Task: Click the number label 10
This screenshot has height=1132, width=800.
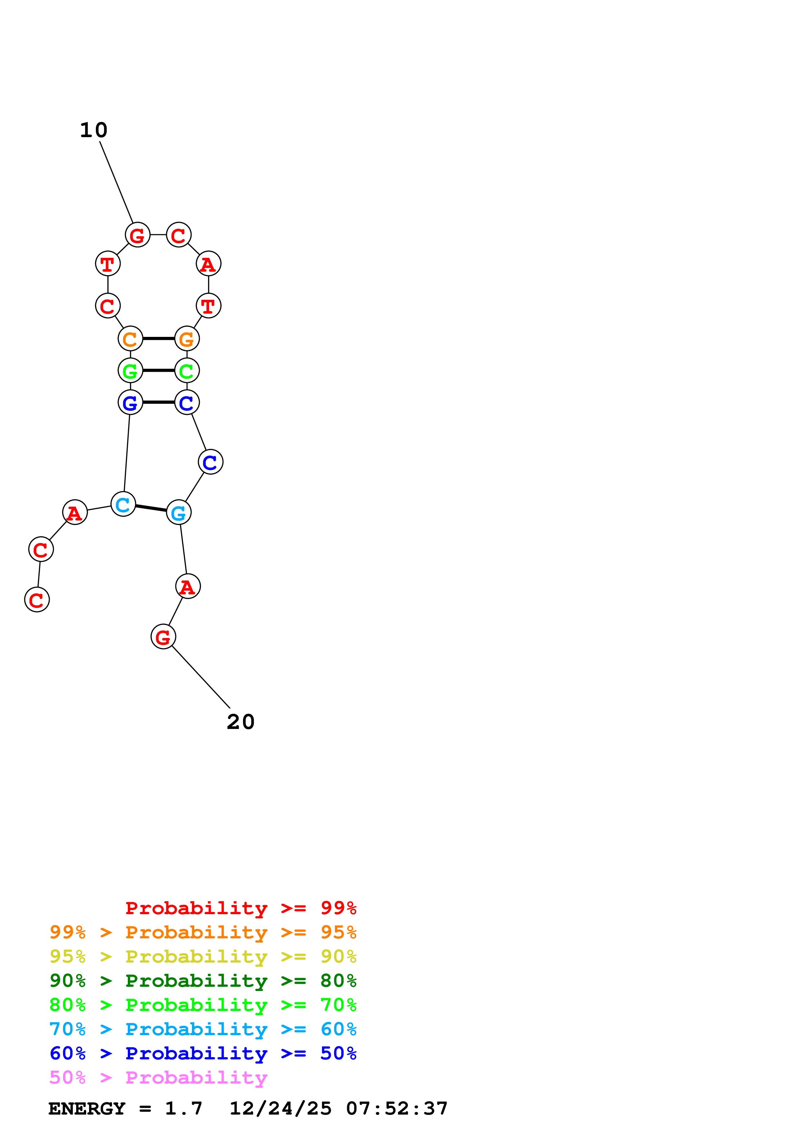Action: [x=93, y=130]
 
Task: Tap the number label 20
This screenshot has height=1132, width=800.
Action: [x=240, y=722]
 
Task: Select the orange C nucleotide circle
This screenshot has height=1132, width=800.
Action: [x=130, y=339]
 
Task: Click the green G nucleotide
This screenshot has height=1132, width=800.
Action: [x=130, y=371]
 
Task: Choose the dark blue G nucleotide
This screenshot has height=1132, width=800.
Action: [x=130, y=403]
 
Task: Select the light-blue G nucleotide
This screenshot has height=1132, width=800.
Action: [x=178, y=513]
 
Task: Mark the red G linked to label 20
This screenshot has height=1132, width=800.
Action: [x=163, y=637]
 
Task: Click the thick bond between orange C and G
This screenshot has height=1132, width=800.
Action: [x=158, y=339]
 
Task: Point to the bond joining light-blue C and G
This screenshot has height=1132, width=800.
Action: [x=151, y=508]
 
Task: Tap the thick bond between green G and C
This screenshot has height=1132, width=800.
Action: [x=158, y=371]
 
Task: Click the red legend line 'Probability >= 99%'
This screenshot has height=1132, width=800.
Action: [x=240, y=908]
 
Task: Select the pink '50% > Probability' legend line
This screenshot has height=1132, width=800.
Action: [x=158, y=1078]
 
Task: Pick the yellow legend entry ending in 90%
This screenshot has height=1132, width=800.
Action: [x=203, y=956]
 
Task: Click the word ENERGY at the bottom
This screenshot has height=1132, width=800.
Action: [x=87, y=1109]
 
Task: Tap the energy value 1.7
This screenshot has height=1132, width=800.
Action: [x=183, y=1109]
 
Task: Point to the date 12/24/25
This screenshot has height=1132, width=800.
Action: [x=280, y=1109]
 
